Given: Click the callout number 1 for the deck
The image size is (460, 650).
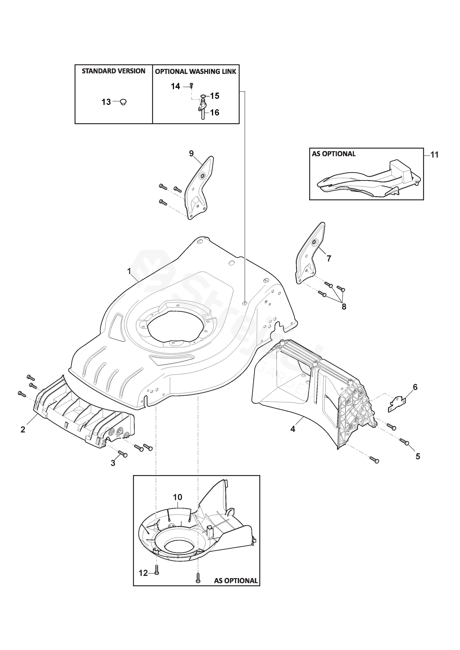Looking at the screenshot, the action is pos(129,271).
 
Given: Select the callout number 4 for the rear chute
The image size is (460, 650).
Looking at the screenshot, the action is pos(293,429).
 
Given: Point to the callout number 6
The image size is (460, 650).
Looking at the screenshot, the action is pos(415,387).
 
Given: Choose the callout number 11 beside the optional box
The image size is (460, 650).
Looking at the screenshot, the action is pos(434,155).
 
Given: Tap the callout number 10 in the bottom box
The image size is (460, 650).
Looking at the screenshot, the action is pos(178,497).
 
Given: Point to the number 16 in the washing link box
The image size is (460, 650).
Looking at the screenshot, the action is pos(215,113).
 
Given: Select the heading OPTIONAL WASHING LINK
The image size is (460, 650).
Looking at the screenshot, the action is pos(195,72).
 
